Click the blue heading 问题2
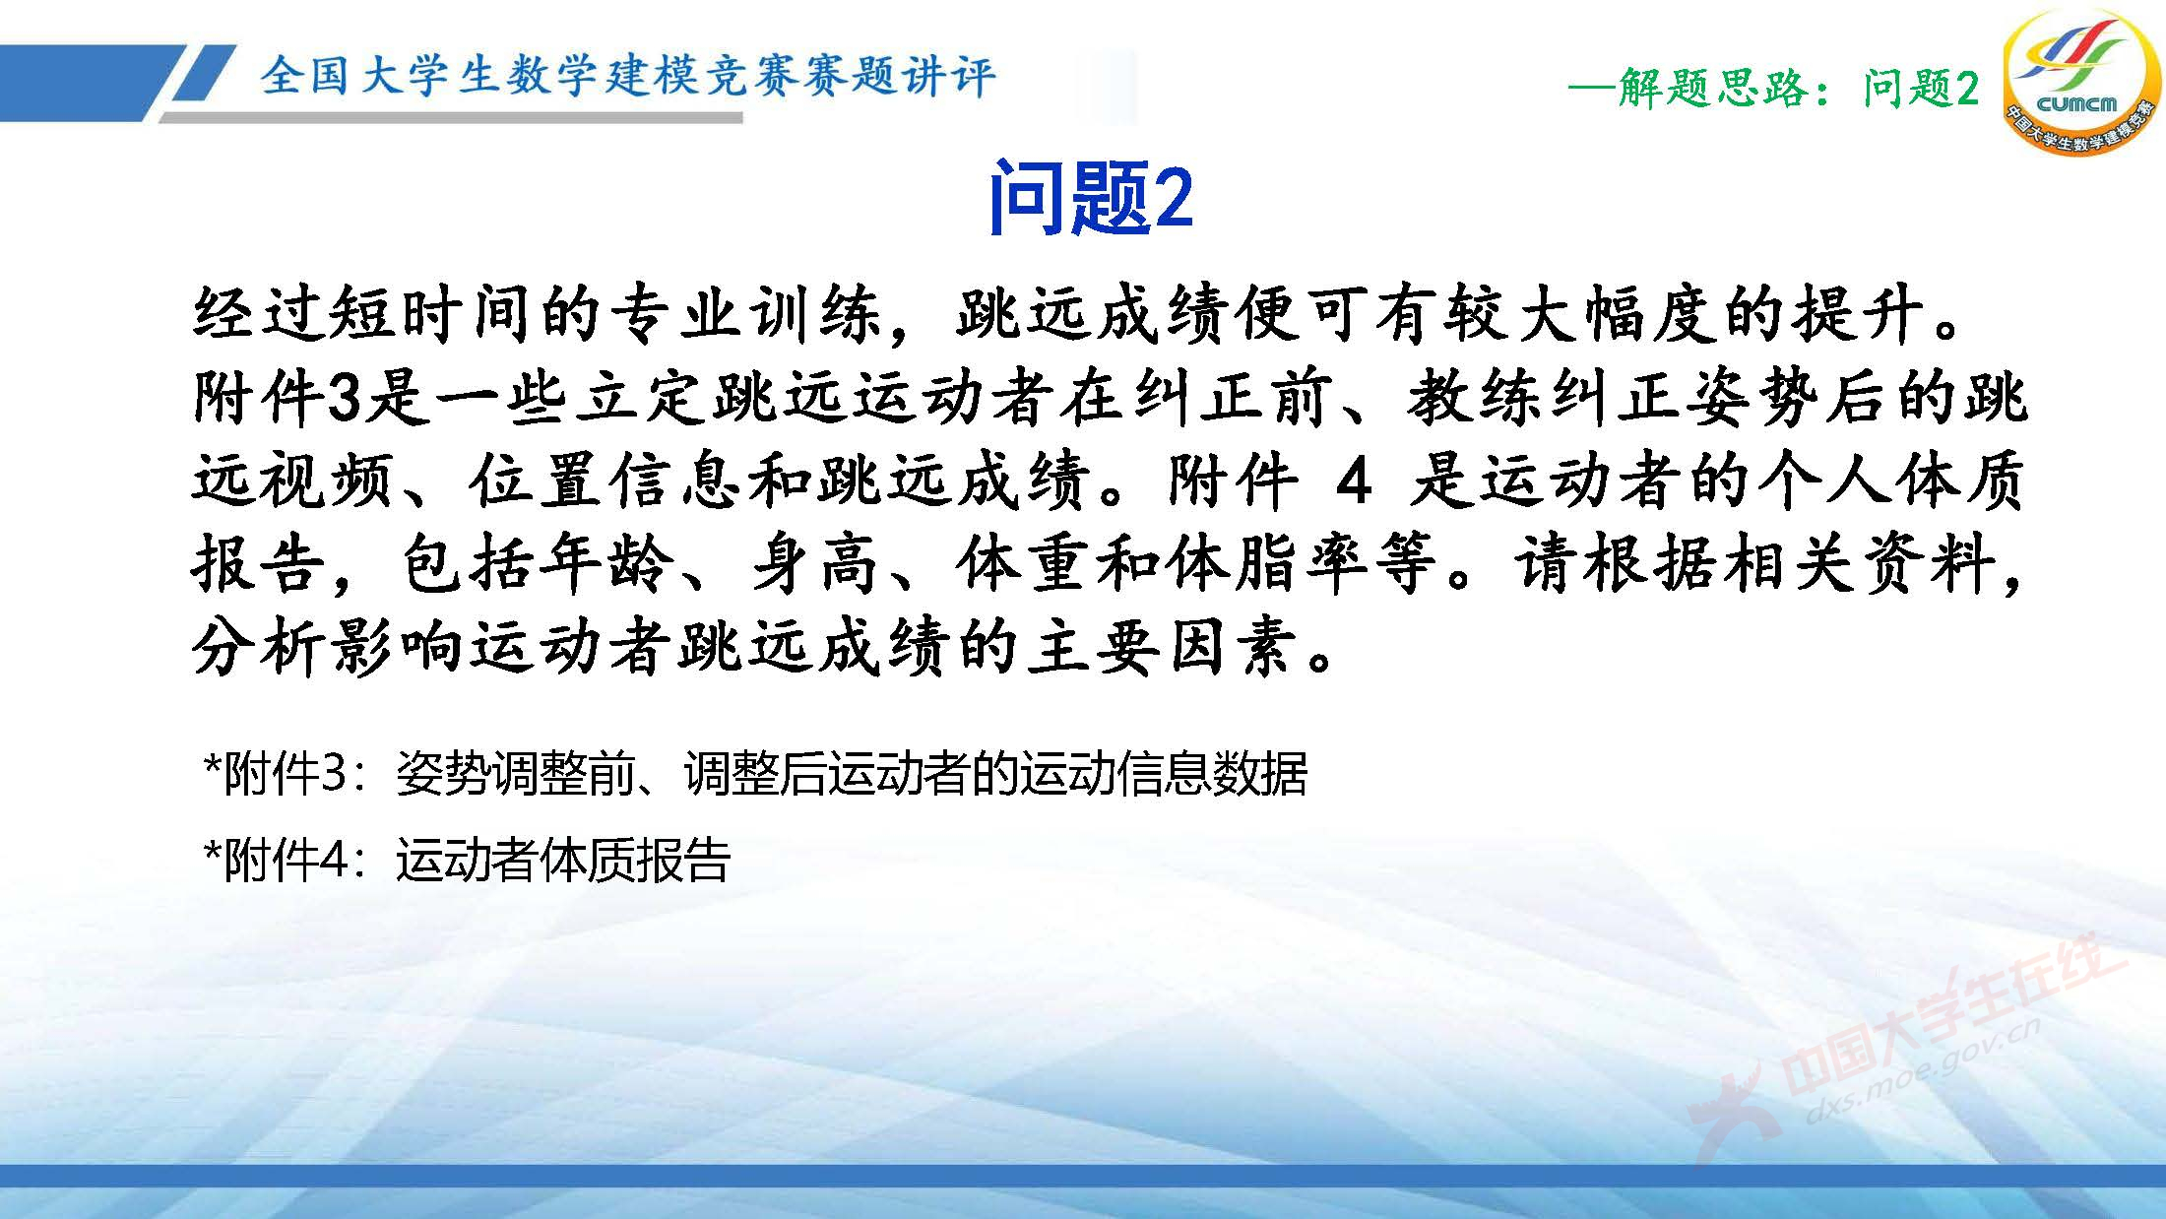point(1090,198)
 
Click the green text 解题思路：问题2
point(1773,90)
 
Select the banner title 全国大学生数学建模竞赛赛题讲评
point(627,76)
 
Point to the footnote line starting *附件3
point(754,774)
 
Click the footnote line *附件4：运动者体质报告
point(466,861)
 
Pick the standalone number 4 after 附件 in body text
point(1354,481)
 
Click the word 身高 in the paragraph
point(816,565)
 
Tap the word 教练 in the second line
point(1474,399)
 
